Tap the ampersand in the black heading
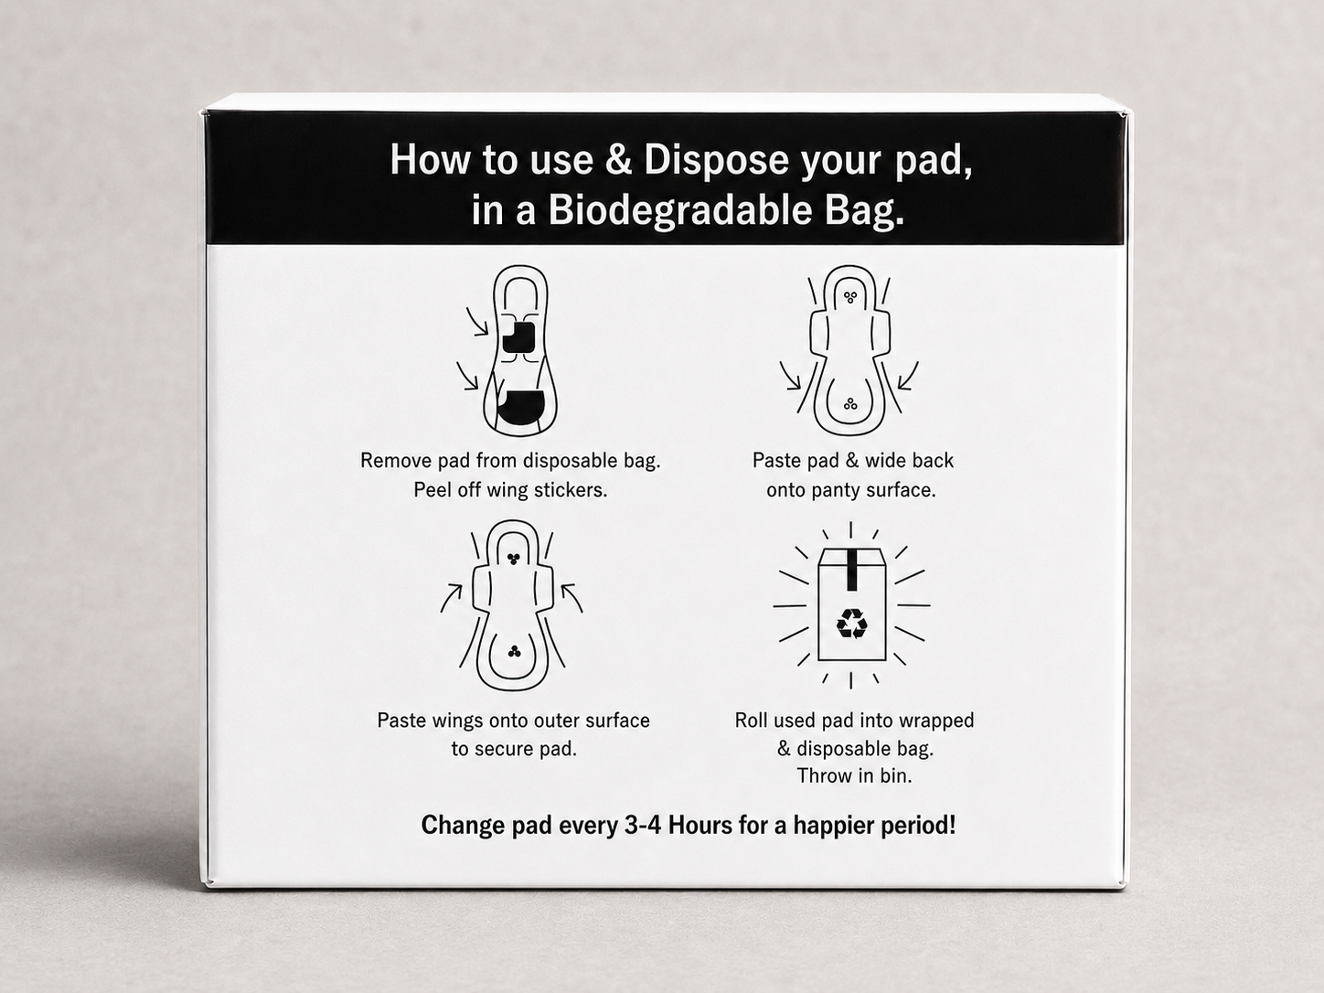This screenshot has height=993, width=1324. point(618,160)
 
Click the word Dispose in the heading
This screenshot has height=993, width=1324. point(716,160)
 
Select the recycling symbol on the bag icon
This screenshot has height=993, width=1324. point(851,624)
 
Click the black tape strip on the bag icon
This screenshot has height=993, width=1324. point(851,570)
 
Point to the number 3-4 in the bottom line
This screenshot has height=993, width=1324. point(644,825)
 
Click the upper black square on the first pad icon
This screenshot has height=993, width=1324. point(518,337)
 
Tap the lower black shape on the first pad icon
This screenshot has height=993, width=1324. point(521,407)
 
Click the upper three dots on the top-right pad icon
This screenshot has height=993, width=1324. point(850,296)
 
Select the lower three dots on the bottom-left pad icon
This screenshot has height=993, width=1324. point(513,651)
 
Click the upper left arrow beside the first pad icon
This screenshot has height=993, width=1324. point(477,322)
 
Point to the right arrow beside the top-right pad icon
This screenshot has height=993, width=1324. point(908,376)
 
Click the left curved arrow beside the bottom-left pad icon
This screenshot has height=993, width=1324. point(451,598)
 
